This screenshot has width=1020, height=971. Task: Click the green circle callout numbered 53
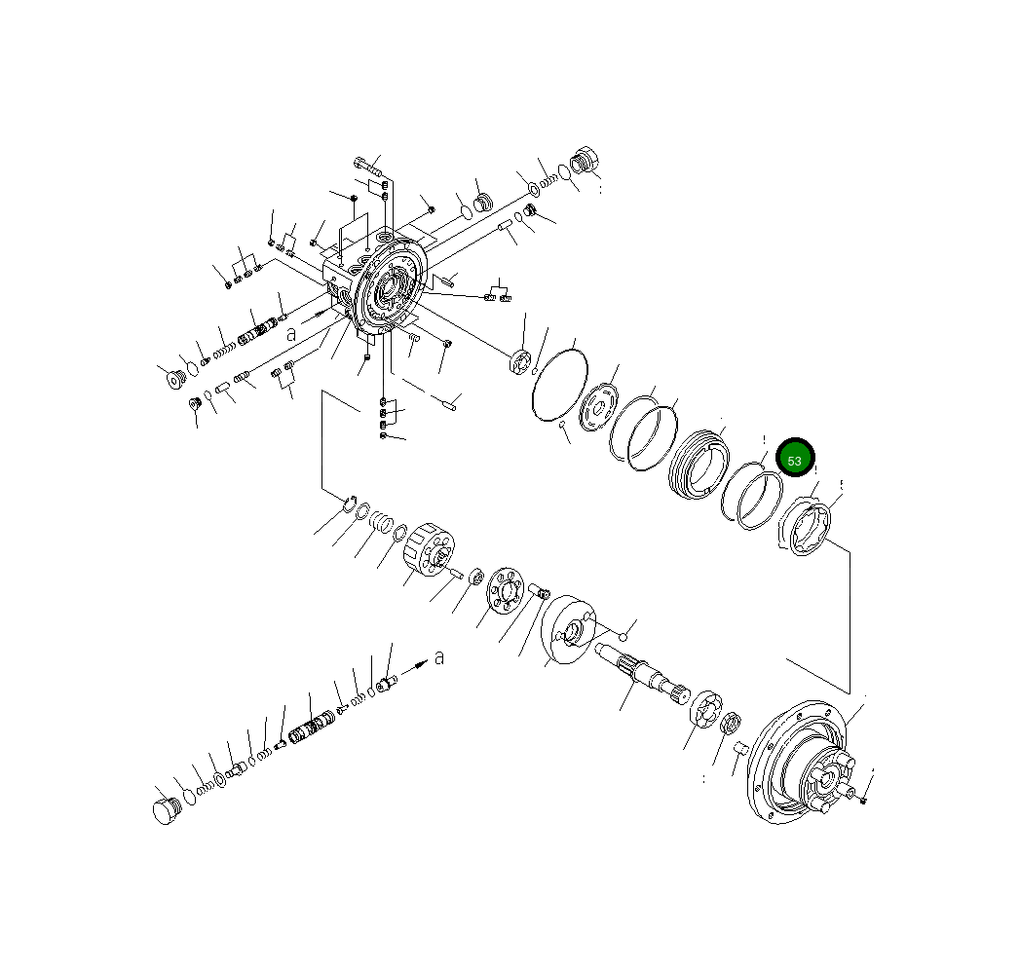click(x=794, y=459)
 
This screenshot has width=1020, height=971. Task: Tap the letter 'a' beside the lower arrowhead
click(x=439, y=657)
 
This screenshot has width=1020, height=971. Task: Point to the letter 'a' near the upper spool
click(x=291, y=333)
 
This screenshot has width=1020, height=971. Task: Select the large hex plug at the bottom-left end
click(x=167, y=809)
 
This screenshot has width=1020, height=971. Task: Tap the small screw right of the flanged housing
click(x=864, y=799)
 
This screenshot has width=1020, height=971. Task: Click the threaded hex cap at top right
click(x=586, y=161)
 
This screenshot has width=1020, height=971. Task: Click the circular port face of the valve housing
click(x=389, y=287)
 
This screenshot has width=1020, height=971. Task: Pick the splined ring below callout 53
click(x=807, y=531)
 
